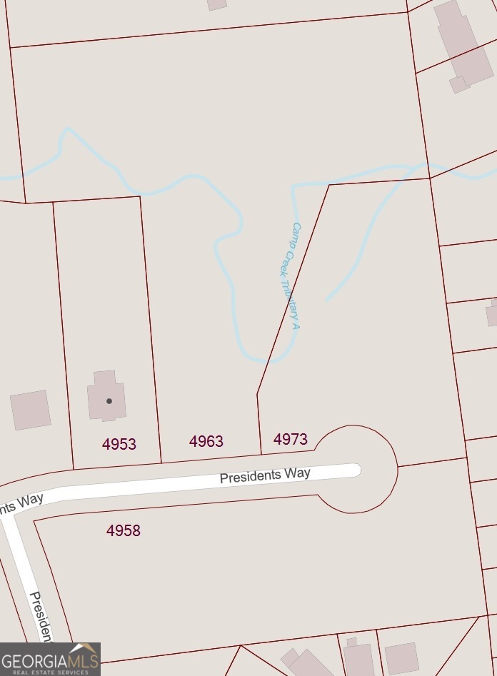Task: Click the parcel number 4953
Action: [x=119, y=444]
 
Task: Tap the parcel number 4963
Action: [x=206, y=442]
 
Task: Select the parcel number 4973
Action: [x=291, y=439]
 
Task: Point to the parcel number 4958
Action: [x=124, y=530]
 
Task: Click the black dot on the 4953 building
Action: [x=109, y=401]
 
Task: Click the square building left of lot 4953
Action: [x=31, y=410]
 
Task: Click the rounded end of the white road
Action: [x=355, y=469]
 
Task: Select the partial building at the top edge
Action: [x=217, y=4]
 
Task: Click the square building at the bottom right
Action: [x=401, y=658]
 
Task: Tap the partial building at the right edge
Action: [x=492, y=313]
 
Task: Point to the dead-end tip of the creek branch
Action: [x=328, y=299]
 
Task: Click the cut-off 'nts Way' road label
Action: [x=21, y=503]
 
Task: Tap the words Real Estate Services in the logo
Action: [x=50, y=672]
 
